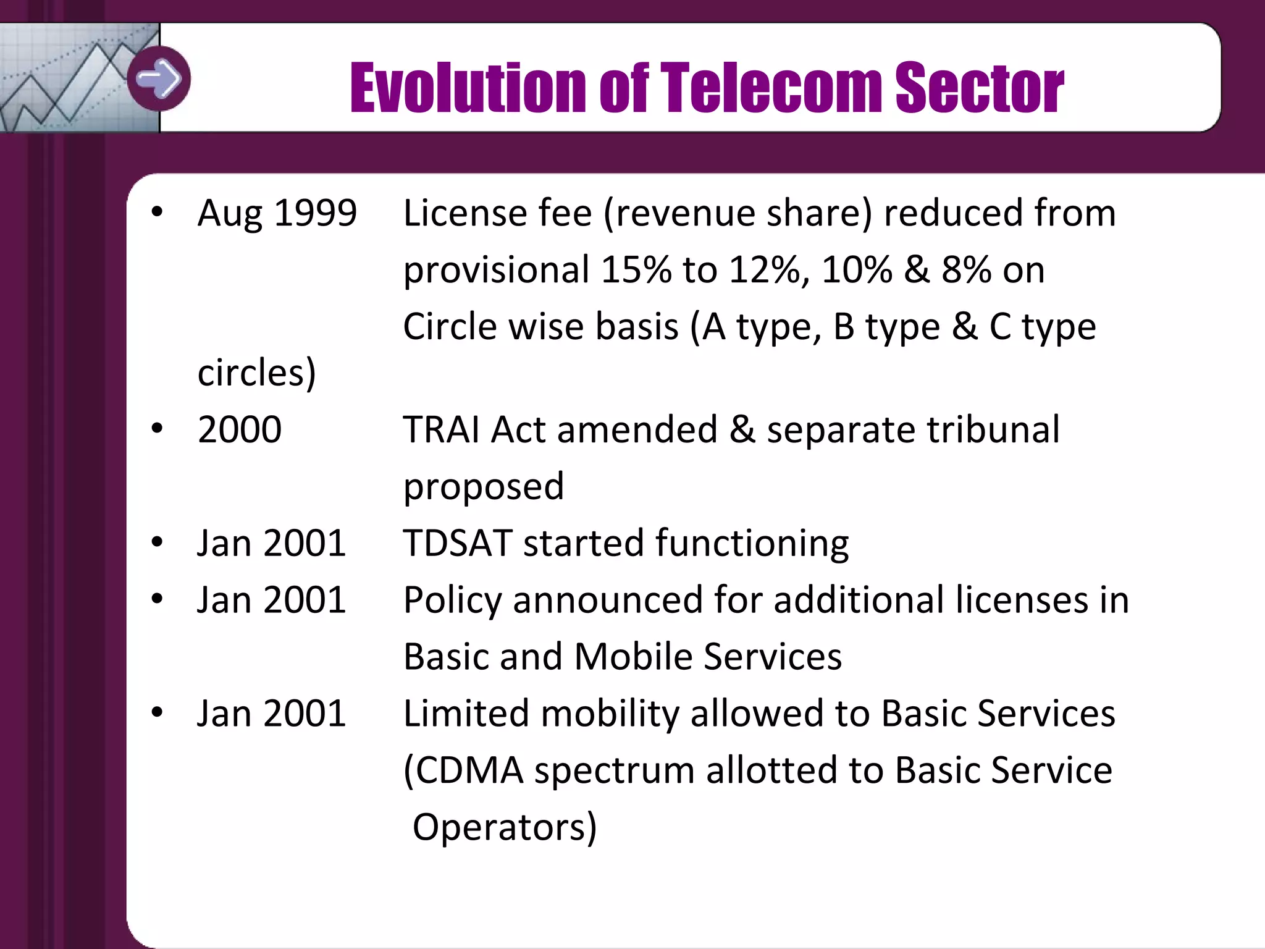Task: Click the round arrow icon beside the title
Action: tap(159, 78)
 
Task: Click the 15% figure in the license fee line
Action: tap(636, 271)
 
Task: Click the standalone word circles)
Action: tap(256, 373)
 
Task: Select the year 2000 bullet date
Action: tap(240, 429)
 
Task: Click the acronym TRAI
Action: tap(441, 429)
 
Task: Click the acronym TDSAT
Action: tap(458, 544)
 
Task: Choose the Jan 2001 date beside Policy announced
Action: tap(271, 600)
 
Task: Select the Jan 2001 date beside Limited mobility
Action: tap(271, 714)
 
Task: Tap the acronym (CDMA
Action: tap(463, 771)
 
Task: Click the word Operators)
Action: tap(504, 828)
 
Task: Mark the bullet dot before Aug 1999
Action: tap(157, 212)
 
